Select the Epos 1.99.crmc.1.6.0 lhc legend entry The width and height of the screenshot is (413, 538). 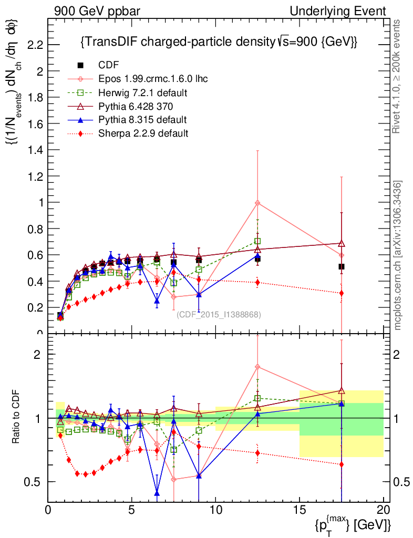point(153,79)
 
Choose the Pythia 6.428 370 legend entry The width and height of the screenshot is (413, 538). point(136,106)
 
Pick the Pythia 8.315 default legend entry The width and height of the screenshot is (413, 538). point(142,120)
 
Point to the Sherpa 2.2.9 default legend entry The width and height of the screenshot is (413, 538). point(143,133)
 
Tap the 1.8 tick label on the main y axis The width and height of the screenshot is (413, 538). point(35,97)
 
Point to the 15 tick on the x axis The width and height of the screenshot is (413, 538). point(299,510)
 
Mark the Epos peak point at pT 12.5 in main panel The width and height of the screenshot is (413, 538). point(257,203)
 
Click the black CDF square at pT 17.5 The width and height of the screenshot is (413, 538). point(342,266)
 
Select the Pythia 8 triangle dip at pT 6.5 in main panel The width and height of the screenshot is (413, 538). point(157,301)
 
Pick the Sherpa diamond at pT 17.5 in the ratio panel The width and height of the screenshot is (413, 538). point(342,464)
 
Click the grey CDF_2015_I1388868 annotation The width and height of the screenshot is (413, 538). point(219,315)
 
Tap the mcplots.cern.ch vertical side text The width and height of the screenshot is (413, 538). point(398,255)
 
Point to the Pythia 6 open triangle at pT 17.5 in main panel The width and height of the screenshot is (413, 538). point(342,243)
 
